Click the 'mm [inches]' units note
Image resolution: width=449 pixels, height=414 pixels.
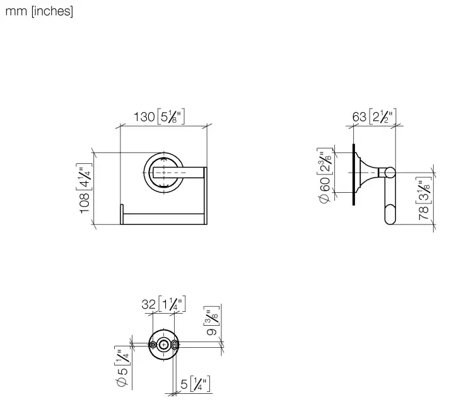click(39, 11)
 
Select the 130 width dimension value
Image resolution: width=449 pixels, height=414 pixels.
click(144, 117)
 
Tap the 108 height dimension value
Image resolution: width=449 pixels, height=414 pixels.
click(85, 203)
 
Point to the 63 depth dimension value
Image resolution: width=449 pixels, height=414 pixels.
click(359, 117)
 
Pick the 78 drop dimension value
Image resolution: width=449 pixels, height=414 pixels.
click(424, 213)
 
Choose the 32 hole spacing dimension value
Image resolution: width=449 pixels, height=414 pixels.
click(149, 304)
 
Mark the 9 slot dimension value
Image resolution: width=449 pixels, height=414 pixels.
click(212, 331)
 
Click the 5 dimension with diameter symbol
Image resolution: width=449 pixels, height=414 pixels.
click(122, 377)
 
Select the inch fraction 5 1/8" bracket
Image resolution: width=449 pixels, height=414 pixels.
click(172, 117)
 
